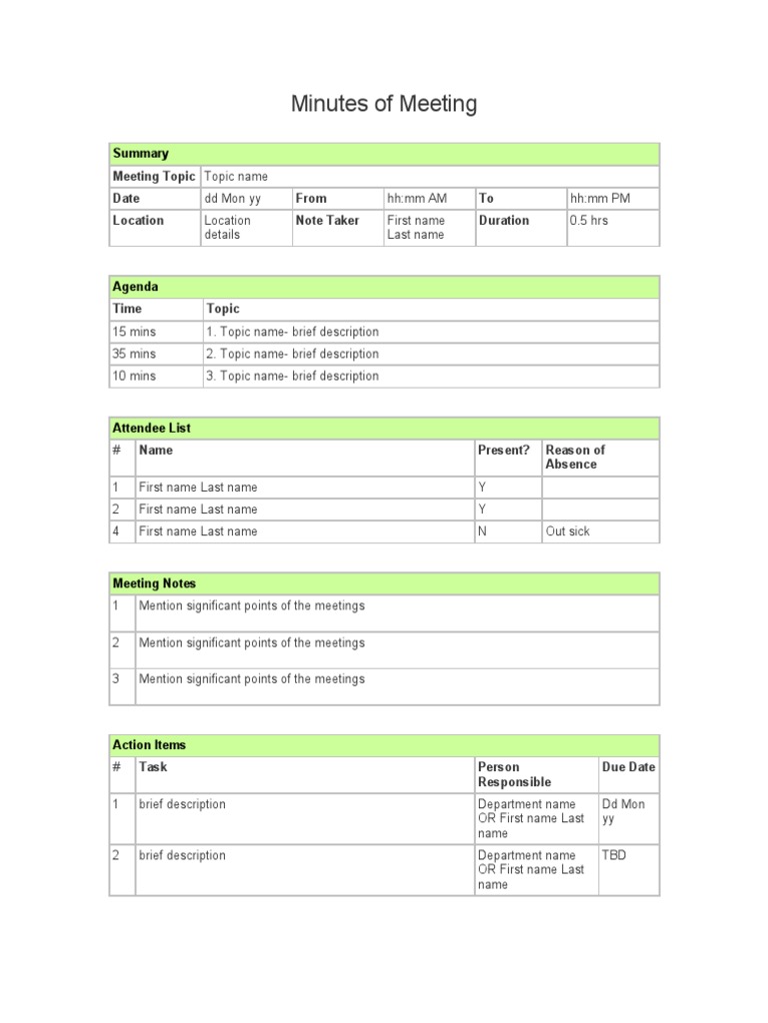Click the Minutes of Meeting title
[x=383, y=103]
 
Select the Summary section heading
[x=141, y=154]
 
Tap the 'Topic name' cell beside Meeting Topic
[x=236, y=177]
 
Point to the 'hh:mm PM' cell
[x=600, y=199]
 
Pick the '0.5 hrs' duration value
[x=589, y=221]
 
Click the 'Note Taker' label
[x=328, y=221]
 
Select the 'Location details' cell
[x=228, y=228]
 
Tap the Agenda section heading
[x=136, y=287]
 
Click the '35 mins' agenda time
[x=134, y=354]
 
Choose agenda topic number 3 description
[x=292, y=376]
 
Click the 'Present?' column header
[x=504, y=451]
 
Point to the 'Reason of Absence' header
[x=575, y=458]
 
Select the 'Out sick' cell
[x=568, y=531]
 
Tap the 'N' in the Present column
[x=482, y=531]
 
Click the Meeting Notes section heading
[x=154, y=583]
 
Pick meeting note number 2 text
[x=252, y=643]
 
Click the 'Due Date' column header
[x=629, y=767]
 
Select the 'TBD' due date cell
[x=614, y=855]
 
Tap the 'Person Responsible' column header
[x=514, y=774]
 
